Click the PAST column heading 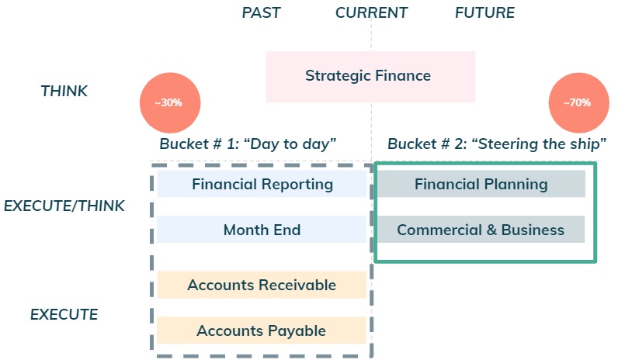pyautogui.click(x=261, y=12)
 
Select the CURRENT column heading pyautogui.click(x=371, y=12)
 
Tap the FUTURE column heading pyautogui.click(x=484, y=12)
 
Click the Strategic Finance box pyautogui.click(x=370, y=76)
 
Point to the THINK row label pyautogui.click(x=64, y=91)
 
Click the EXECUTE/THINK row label pyautogui.click(x=64, y=206)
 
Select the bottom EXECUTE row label pyautogui.click(x=64, y=314)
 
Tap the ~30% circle pyautogui.click(x=170, y=102)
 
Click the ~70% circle pyautogui.click(x=578, y=102)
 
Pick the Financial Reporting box pyautogui.click(x=262, y=184)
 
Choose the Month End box pyautogui.click(x=262, y=230)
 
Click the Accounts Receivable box pyautogui.click(x=262, y=285)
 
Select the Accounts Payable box pyautogui.click(x=262, y=331)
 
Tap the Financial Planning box pyautogui.click(x=481, y=184)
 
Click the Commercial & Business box pyautogui.click(x=481, y=230)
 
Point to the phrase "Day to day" pyautogui.click(x=290, y=144)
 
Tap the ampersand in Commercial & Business pyautogui.click(x=491, y=230)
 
